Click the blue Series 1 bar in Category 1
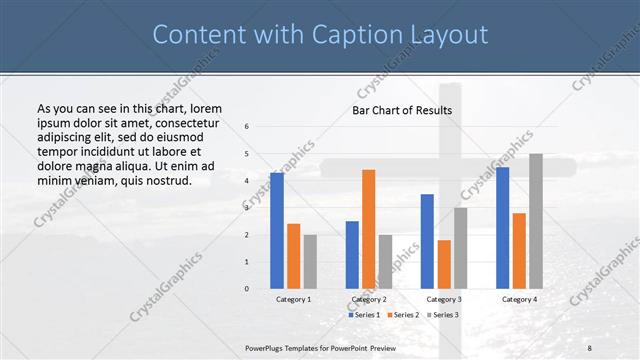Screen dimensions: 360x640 pyautogui.click(x=277, y=231)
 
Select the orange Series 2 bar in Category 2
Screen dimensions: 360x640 pyautogui.click(x=368, y=229)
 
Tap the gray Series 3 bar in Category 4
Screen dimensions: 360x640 pyautogui.click(x=536, y=221)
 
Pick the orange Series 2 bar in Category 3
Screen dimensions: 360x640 pyautogui.click(x=444, y=264)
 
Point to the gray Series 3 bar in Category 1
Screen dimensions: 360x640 pyautogui.click(x=310, y=262)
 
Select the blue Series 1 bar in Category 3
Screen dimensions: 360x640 pyautogui.click(x=427, y=241)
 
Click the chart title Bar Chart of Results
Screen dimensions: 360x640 pyautogui.click(x=402, y=110)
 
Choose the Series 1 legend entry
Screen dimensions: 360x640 pyautogui.click(x=363, y=314)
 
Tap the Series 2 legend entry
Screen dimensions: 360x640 pyautogui.click(x=403, y=314)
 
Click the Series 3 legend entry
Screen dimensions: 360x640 pyautogui.click(x=442, y=314)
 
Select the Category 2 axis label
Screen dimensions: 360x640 pyautogui.click(x=369, y=299)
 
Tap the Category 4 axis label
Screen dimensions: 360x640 pyautogui.click(x=519, y=299)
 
